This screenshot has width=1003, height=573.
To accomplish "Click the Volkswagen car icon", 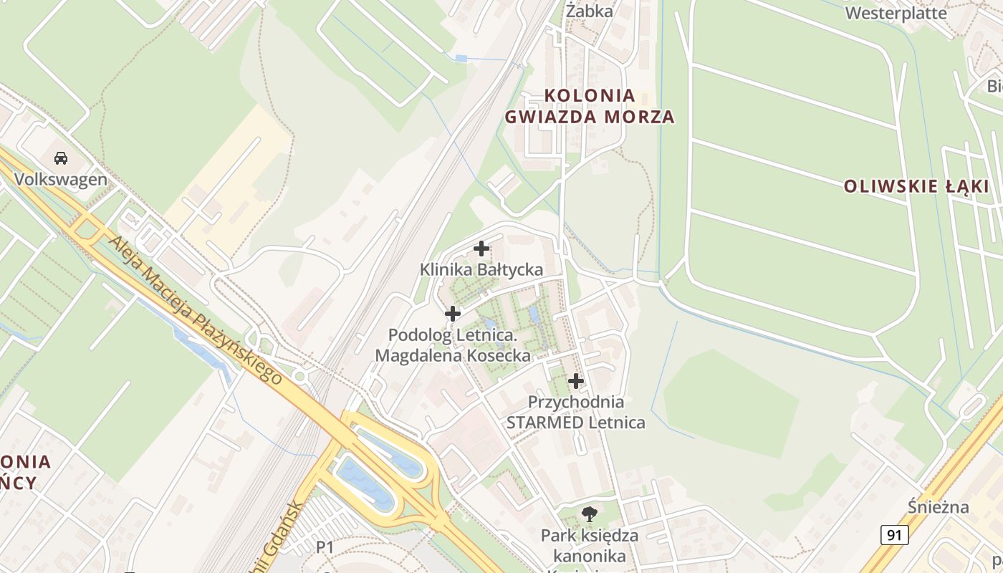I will point(61,158).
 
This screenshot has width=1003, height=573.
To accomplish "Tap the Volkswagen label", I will point(61,179).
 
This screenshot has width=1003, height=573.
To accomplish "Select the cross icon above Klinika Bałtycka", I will point(481,249).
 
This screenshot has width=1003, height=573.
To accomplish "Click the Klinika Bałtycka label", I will point(481,270).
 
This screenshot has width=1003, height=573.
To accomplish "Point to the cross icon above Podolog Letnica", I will point(453,313).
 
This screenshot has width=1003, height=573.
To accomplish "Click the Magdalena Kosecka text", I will point(453,355).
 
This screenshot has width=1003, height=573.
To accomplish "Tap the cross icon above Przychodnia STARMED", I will point(575,381).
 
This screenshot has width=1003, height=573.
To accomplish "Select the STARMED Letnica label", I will point(575,423).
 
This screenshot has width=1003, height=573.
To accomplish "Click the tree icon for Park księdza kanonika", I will point(590,513).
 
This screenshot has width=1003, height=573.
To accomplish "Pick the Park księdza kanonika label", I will point(590,545).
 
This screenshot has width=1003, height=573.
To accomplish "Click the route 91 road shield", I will point(894,534).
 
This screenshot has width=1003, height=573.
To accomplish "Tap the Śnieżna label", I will point(938,508).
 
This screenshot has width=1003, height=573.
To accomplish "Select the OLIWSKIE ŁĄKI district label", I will point(916,187).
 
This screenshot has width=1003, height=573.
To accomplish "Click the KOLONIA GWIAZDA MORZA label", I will point(590,106).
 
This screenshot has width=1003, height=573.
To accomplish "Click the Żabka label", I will point(590,11).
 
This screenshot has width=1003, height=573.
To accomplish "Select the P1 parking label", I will point(325,547).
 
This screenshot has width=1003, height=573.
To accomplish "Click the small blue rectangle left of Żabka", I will point(461,58).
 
